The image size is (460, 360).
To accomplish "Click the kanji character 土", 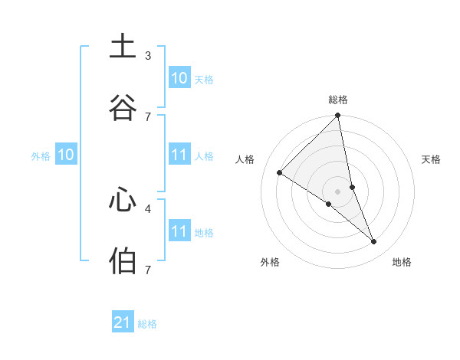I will point(123,47).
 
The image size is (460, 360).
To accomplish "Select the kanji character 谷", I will point(123,107).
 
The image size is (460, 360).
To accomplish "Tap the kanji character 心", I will point(123,199).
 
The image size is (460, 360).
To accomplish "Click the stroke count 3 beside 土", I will point(148,56).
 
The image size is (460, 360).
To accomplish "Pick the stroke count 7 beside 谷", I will point(148,116).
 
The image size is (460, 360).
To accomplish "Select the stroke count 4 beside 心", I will point(148,208).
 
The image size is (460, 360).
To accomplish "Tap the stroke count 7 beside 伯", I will point(148,270).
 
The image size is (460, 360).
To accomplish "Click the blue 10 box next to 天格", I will point(179,78).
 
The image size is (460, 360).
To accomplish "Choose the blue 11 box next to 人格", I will point(179,155).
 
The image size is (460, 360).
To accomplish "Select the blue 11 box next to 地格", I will point(179,231).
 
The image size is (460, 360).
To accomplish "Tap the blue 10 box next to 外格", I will point(66,155).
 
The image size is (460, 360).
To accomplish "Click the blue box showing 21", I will point(123,322).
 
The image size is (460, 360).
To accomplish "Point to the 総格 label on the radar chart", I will point(338,100).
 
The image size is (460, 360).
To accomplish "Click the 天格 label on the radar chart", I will point(432,159).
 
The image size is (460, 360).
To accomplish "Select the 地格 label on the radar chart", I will point(402,262).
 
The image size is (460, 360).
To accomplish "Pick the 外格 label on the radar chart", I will point(270,262).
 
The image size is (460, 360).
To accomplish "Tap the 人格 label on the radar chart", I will point(245,159).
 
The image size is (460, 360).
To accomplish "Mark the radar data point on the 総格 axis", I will point(338,116).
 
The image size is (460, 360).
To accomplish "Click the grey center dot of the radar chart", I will point(338,191).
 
